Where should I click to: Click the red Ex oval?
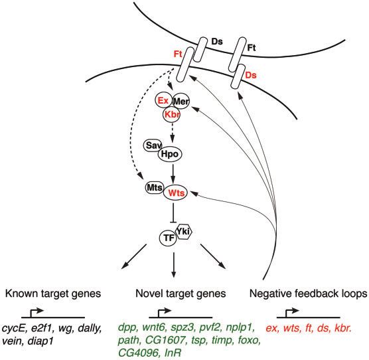coord(163,100)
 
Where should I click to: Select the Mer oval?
coord(181,102)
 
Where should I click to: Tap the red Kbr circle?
coord(172,115)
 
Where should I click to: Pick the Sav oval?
coord(153,145)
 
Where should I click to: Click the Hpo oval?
coord(170,154)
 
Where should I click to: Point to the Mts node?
coord(155,188)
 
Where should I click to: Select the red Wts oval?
coord(176,193)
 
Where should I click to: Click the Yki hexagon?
coord(184,232)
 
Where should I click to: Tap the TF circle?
coord(169,238)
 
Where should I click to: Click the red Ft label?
coord(178,54)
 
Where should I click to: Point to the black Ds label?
coord(217,42)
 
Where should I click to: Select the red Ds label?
coord(251,75)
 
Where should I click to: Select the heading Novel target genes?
coord(181,294)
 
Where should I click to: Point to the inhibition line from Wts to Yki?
coord(173,213)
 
